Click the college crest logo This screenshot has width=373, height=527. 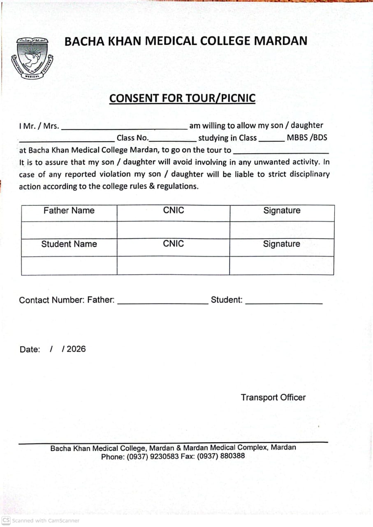coord(32,58)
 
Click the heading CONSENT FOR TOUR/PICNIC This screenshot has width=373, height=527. coord(182,99)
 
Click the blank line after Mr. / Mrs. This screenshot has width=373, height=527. coord(124,128)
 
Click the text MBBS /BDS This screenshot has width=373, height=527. coord(307,138)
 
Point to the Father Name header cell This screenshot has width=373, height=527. coord(69,211)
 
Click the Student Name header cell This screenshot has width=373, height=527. coord(69,244)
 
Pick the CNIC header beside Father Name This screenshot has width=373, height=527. coord(174,210)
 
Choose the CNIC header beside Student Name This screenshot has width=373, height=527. coord(174,244)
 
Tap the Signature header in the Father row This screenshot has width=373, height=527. coord(282,211)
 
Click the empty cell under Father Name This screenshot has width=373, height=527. coord(69,230)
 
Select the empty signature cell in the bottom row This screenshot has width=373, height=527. coord(281,266)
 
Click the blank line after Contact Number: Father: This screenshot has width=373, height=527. coord(163,303)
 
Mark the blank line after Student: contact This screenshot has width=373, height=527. coord(284,303)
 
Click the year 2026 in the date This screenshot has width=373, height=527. coord(76,349)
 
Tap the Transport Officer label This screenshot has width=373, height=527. coord(273,398)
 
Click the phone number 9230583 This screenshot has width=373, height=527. coord(164,456)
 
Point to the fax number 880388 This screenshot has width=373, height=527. coord(232,456)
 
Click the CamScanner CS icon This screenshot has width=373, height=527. coord(6,520)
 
